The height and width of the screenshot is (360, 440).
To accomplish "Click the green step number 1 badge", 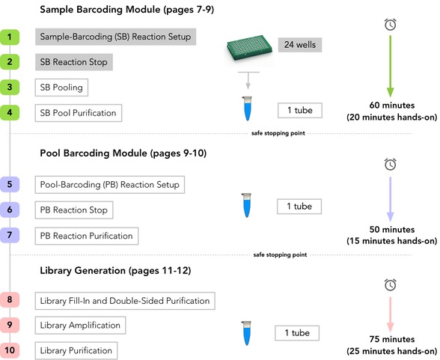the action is (10, 37).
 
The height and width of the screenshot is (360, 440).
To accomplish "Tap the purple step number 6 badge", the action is (10, 210).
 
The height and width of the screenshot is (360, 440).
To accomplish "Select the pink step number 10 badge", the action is (10, 350).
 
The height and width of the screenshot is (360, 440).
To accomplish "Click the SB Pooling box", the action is (61, 88).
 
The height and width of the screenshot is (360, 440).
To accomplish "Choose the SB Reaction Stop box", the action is (74, 62).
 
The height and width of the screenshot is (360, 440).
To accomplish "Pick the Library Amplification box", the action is (80, 326).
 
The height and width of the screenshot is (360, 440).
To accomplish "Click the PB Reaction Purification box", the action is (87, 236).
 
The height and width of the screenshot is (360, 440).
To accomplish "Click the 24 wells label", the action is (300, 45).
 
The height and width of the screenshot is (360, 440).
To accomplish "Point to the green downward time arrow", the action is (391, 66).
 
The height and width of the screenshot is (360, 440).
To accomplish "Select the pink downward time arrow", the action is (391, 314).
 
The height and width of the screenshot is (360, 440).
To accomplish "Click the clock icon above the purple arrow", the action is (391, 164).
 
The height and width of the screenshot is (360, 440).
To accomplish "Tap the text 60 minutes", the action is (392, 106).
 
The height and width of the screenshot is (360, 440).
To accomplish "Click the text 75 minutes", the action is (392, 339).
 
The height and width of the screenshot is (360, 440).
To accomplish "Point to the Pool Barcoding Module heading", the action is (123, 153).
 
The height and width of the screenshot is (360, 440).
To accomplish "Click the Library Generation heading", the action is (115, 270).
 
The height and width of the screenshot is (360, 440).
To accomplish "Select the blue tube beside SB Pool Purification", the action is (247, 109).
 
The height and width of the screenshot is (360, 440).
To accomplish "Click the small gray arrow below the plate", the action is (248, 81).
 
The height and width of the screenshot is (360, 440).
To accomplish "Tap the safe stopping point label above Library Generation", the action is (280, 254).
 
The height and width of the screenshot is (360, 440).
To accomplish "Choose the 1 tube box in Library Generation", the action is (297, 333).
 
